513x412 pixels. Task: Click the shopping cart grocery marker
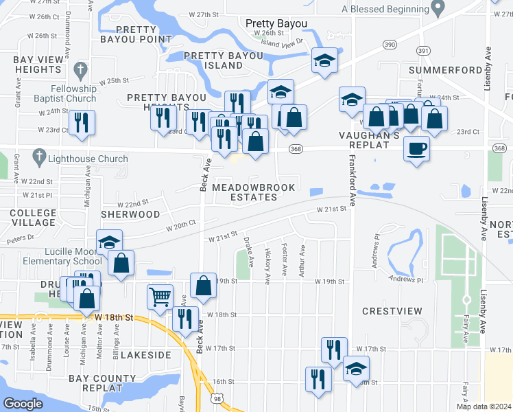(x=160, y=297)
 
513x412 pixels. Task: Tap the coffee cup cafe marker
(x=417, y=148)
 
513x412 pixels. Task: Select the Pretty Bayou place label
(x=276, y=23)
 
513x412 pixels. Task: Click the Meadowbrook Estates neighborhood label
(x=253, y=192)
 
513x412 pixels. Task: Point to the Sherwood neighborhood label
(x=130, y=214)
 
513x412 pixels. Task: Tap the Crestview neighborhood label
(x=392, y=311)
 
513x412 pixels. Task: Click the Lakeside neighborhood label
(x=145, y=355)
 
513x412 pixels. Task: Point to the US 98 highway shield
(x=218, y=398)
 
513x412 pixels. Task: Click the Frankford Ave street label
(x=353, y=181)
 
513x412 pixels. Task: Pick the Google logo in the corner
(x=23, y=403)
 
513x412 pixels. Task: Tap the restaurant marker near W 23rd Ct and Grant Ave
(x=82, y=123)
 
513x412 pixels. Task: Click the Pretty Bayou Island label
(x=213, y=60)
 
